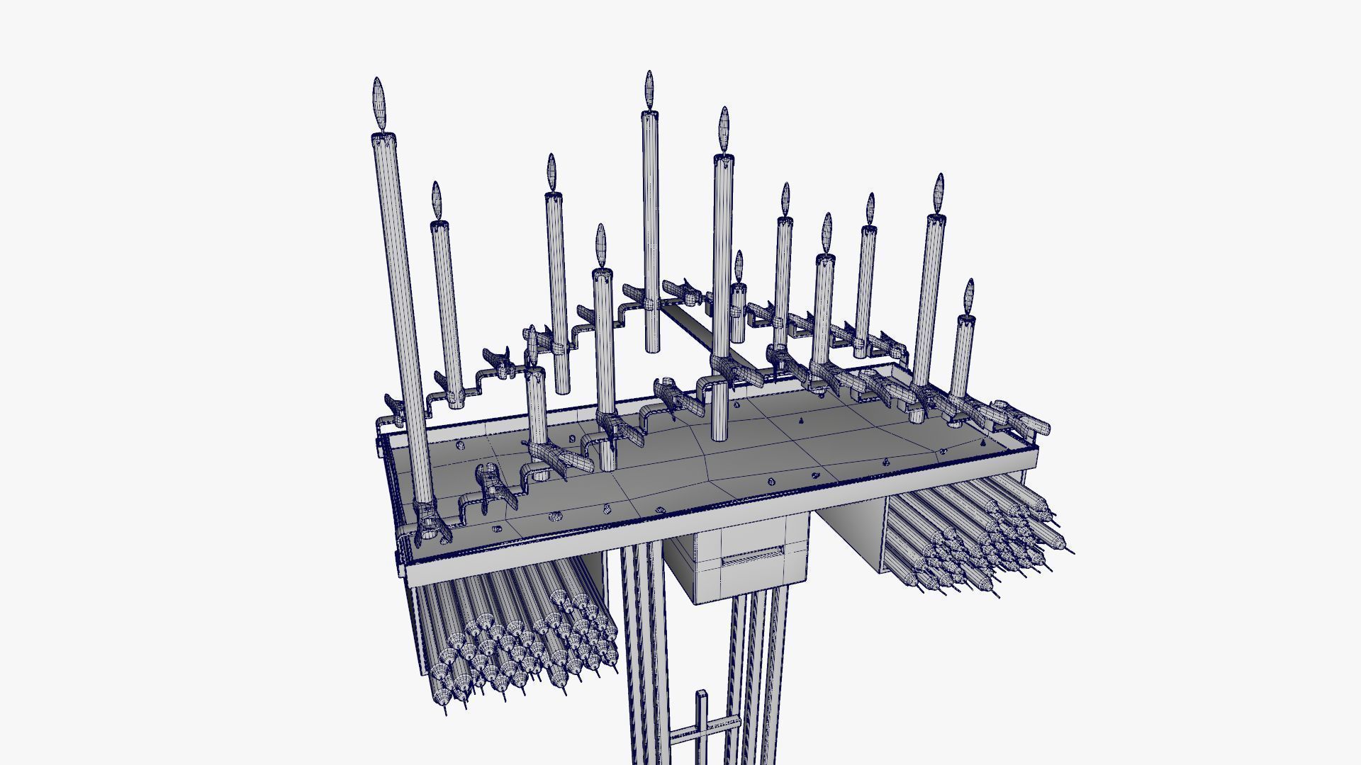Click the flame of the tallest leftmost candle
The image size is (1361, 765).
[x=380, y=103]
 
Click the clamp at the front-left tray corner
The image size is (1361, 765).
[x=430, y=528]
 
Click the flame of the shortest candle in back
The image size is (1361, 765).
[x=739, y=266]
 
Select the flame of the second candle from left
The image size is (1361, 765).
[x=437, y=200]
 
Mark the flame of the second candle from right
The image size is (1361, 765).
[x=939, y=193]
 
